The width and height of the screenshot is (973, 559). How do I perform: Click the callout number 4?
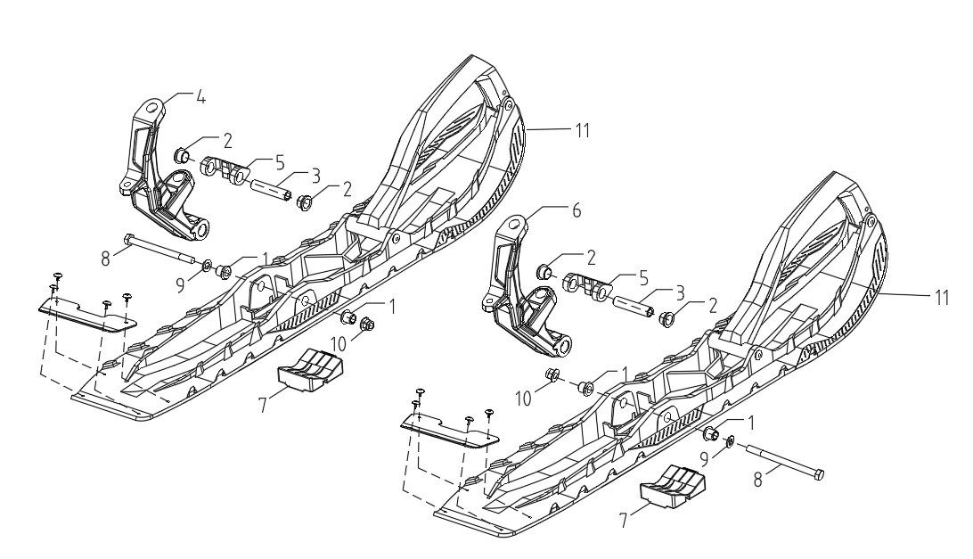point(200,97)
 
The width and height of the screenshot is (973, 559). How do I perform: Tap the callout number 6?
point(576,210)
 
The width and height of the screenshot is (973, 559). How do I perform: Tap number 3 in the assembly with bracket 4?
point(315,176)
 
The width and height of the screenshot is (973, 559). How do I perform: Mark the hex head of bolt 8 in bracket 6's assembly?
point(819,475)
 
